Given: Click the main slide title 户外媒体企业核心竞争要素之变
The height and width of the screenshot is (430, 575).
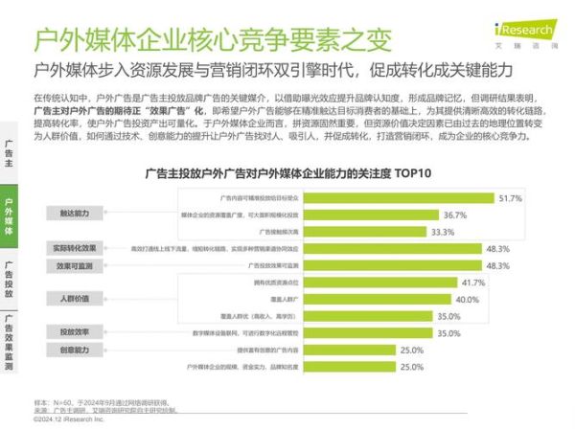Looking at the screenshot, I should pyautogui.click(x=212, y=41).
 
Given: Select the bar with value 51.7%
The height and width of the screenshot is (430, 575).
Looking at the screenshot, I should pyautogui.click(x=399, y=197).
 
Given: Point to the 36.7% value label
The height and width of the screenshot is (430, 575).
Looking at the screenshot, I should pyautogui.click(x=454, y=215).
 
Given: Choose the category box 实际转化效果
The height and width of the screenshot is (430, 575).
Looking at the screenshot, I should pyautogui.click(x=73, y=248).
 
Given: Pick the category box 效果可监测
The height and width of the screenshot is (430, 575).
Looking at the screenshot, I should pyautogui.click(x=73, y=265).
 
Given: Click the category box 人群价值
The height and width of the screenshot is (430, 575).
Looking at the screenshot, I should pyautogui.click(x=73, y=299).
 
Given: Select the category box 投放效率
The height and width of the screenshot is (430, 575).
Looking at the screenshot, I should pyautogui.click(x=73, y=332).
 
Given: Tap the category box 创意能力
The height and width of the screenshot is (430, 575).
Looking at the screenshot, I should pyautogui.click(x=73, y=350).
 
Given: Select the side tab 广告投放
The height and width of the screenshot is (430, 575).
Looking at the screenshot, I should pyautogui.click(x=9, y=278).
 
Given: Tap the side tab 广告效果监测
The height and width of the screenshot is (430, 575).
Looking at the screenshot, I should pyautogui.click(x=9, y=342).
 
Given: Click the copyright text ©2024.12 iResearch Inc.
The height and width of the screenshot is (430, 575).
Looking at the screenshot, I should pyautogui.click(x=69, y=419).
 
